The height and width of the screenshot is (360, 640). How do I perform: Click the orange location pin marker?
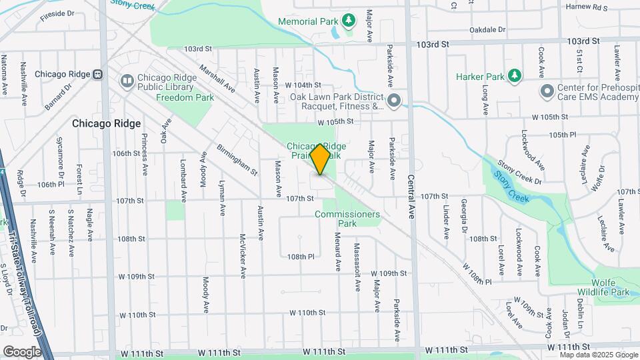click(x=320, y=159)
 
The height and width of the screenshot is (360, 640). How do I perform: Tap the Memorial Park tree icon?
click(x=348, y=21)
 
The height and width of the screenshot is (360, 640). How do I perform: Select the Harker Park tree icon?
click(x=514, y=77)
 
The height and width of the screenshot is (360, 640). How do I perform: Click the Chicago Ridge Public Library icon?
click(x=126, y=81)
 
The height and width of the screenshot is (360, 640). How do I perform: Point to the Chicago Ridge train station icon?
click(x=97, y=74)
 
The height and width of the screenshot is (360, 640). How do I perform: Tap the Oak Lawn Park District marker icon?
click(x=394, y=101)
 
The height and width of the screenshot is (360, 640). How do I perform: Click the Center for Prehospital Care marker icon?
click(x=547, y=90)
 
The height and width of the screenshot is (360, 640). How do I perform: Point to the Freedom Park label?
click(x=185, y=97)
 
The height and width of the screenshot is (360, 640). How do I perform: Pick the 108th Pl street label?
click(x=300, y=256)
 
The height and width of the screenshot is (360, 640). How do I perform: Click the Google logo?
click(x=22, y=351)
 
